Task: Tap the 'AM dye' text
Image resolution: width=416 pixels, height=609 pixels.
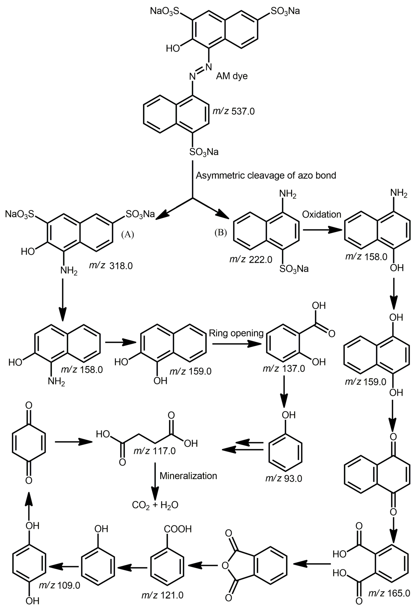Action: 232,76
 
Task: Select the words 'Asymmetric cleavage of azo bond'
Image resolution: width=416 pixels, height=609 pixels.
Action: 266,175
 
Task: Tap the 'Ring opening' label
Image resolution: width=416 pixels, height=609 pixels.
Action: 236,333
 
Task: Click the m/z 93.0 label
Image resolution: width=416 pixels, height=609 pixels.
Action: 284,479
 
